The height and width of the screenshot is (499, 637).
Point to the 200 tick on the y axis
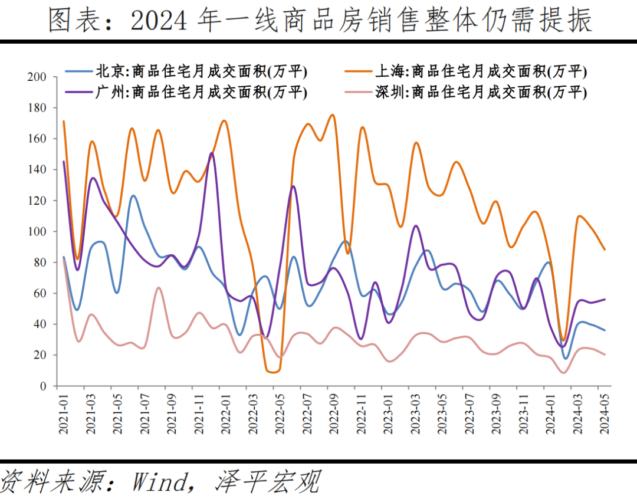coord(37,77)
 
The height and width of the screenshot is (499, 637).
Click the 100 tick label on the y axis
coord(37,232)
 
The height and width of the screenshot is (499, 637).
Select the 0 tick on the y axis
coord(42,386)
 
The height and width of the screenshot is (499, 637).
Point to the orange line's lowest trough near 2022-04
coord(272,372)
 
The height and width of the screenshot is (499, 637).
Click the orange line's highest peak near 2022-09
coord(332,115)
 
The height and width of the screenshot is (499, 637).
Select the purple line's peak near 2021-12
coord(212,153)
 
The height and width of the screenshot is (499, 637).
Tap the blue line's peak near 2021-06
coord(133,196)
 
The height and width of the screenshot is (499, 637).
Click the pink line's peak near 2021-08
coord(158,287)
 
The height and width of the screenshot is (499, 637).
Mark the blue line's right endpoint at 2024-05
coord(605,330)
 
